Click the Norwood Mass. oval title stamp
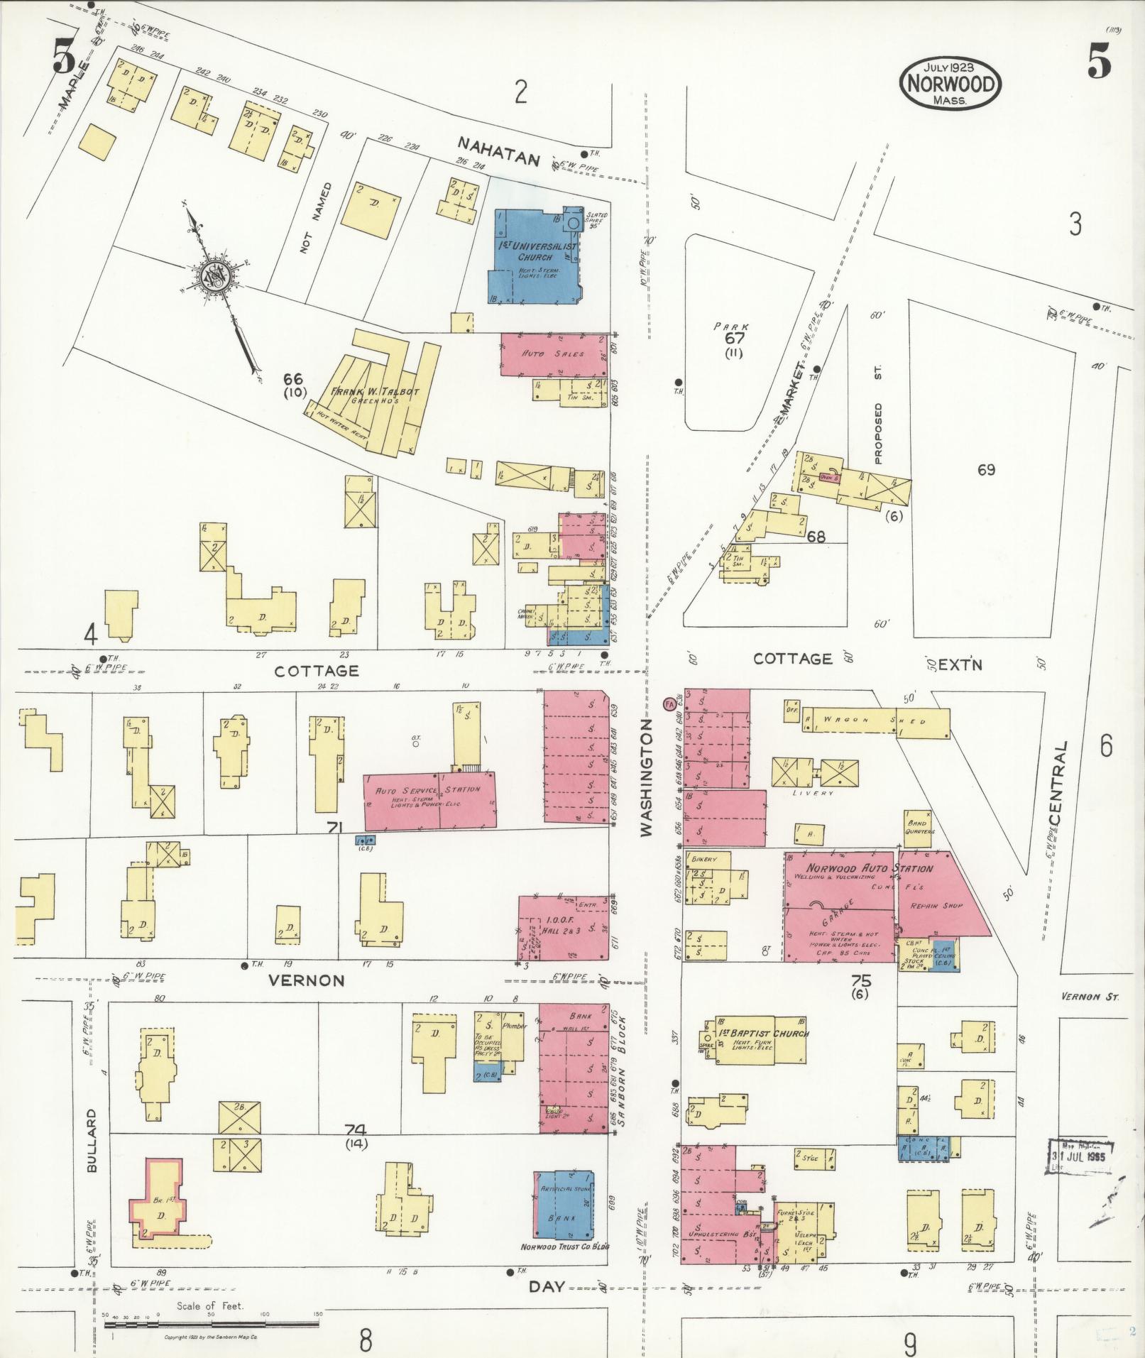950,84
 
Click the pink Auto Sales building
553,354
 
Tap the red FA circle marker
668,704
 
